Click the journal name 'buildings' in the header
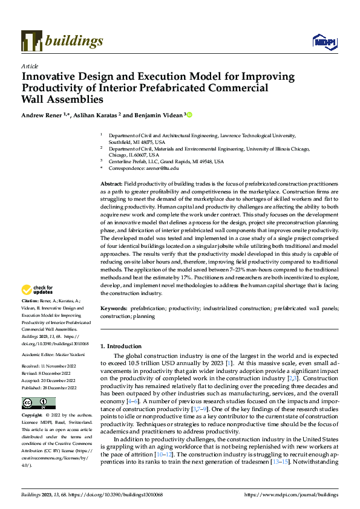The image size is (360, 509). (73, 41)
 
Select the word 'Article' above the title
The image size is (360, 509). (30, 66)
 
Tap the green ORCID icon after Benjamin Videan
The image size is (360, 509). (189, 114)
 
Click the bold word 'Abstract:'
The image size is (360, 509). (111, 183)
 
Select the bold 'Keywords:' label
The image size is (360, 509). (114, 308)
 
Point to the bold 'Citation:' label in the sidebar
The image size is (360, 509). (30, 300)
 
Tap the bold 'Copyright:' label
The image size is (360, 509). (32, 399)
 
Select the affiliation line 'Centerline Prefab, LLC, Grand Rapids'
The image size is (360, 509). (166, 161)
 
